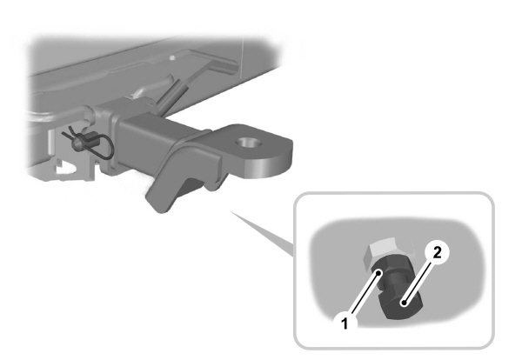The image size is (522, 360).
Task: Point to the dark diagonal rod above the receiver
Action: click(x=172, y=91)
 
